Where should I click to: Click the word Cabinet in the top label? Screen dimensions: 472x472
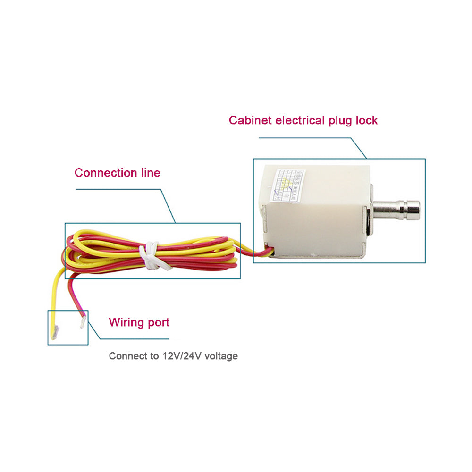click(250, 120)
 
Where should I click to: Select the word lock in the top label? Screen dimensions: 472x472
click(366, 120)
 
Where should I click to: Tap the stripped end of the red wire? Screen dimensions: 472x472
click(84, 322)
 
